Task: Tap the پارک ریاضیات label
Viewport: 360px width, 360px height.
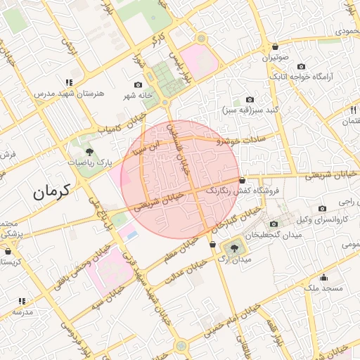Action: point(90,162)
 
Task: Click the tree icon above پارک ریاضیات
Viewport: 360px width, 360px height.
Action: point(89,150)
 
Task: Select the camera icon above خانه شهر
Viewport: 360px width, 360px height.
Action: point(139,84)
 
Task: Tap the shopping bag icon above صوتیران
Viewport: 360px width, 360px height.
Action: point(274,47)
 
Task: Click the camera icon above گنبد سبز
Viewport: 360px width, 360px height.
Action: point(250,100)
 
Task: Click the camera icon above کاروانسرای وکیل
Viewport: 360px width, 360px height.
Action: point(322,208)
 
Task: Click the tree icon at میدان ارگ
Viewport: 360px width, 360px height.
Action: point(233,247)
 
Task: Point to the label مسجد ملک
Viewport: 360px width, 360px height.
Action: point(324,288)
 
